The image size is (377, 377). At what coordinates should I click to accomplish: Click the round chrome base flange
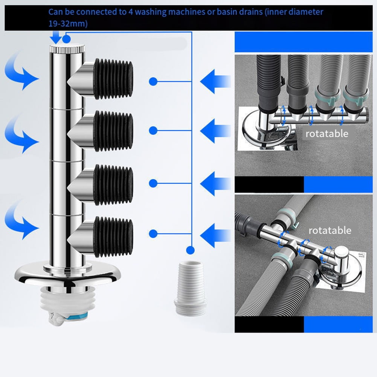67,275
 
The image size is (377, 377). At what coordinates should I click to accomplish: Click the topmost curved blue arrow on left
21,72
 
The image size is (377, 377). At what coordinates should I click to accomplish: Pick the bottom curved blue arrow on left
21,220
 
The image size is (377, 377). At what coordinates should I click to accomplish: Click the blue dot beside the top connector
153,81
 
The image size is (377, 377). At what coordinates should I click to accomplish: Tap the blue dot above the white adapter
190,249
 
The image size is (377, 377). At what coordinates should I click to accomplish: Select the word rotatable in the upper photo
327,133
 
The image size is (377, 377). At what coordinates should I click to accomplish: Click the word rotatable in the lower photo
330,230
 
